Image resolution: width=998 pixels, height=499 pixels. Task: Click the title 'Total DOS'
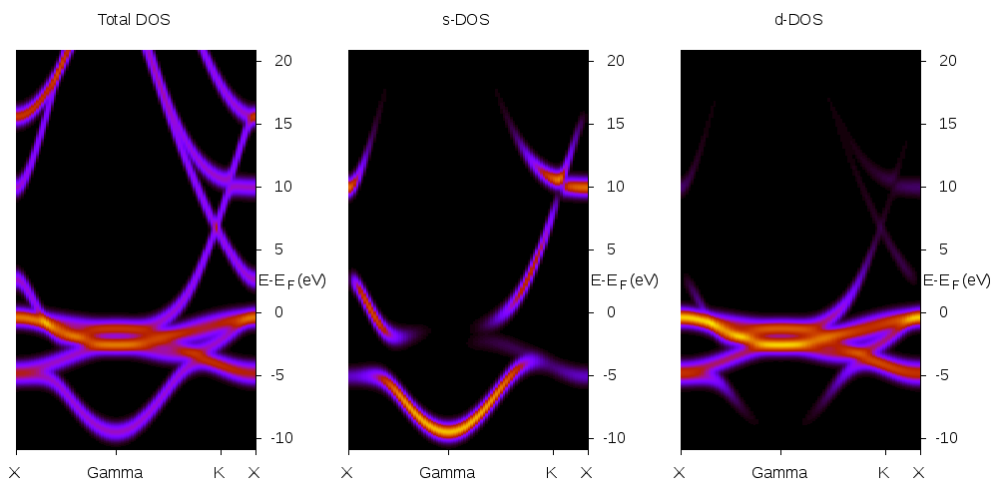pyautogui.click(x=134, y=20)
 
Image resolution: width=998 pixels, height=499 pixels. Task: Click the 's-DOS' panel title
pyautogui.click(x=466, y=20)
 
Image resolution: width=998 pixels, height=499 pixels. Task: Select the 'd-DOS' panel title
pyautogui.click(x=798, y=20)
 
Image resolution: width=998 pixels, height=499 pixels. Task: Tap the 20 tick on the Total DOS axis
pyautogui.click(x=281, y=60)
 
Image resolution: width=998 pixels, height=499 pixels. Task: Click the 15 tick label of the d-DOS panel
pyautogui.click(x=946, y=123)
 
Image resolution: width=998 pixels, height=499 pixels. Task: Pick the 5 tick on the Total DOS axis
pyautogui.click(x=281, y=249)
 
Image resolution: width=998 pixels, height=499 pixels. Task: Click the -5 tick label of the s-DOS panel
pyautogui.click(x=614, y=375)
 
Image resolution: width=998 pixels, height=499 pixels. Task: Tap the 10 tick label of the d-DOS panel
pyautogui.click(x=946, y=186)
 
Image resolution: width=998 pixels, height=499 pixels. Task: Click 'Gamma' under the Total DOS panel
pyautogui.click(x=115, y=473)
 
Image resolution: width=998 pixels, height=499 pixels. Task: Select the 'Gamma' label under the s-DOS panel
pyautogui.click(x=447, y=473)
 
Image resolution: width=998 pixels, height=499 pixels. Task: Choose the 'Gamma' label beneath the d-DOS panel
pyautogui.click(x=779, y=473)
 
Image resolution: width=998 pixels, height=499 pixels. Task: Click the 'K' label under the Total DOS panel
pyautogui.click(x=219, y=473)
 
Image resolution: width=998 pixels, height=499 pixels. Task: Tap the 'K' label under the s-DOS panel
pyautogui.click(x=551, y=473)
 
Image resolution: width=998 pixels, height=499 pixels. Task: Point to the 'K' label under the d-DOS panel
pyautogui.click(x=883, y=473)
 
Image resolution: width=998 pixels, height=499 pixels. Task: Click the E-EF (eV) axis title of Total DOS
pyautogui.click(x=291, y=280)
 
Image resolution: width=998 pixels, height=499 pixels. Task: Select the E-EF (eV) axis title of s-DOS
pyautogui.click(x=624, y=280)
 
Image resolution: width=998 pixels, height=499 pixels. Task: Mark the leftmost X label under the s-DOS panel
pyautogui.click(x=347, y=473)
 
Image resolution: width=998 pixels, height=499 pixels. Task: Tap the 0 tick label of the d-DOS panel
pyautogui.click(x=946, y=312)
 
